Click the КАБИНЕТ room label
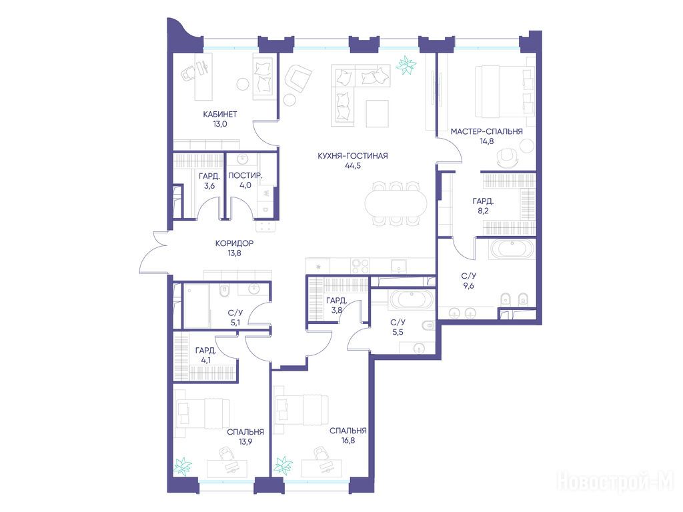click(220, 114)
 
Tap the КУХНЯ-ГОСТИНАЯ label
click(352, 155)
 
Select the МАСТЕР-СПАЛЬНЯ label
click(486, 131)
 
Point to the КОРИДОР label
click(234, 243)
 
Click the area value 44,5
click(352, 165)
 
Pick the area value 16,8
click(348, 440)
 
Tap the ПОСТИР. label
click(245, 175)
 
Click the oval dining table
click(397, 204)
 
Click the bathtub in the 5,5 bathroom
click(411, 299)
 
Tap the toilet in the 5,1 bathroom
click(224, 291)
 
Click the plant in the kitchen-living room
click(406, 65)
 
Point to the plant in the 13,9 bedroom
click(183, 466)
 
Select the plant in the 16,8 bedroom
click(283, 465)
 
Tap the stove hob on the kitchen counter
click(361, 265)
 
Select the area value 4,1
click(205, 360)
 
